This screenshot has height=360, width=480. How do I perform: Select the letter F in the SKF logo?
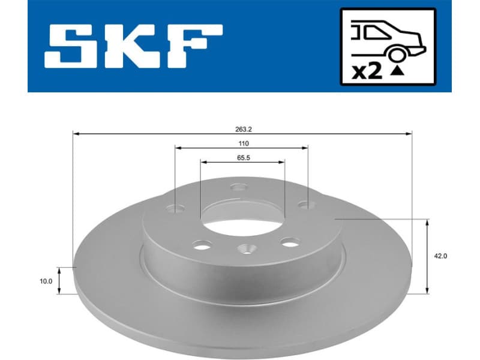(x=193, y=46)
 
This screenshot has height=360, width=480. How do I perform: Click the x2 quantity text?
(x=367, y=71)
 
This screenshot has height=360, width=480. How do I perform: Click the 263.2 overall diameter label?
(x=243, y=127)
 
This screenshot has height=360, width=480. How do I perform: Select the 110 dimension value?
(x=243, y=143)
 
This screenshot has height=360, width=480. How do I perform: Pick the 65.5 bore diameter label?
(x=243, y=158)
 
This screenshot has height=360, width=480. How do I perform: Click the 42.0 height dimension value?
(x=440, y=256)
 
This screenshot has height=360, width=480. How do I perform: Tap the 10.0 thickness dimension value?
(x=46, y=280)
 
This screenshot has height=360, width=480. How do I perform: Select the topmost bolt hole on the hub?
(x=239, y=188)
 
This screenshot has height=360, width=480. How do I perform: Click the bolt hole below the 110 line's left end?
(x=176, y=209)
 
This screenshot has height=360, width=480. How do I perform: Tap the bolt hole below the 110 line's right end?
(x=308, y=205)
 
